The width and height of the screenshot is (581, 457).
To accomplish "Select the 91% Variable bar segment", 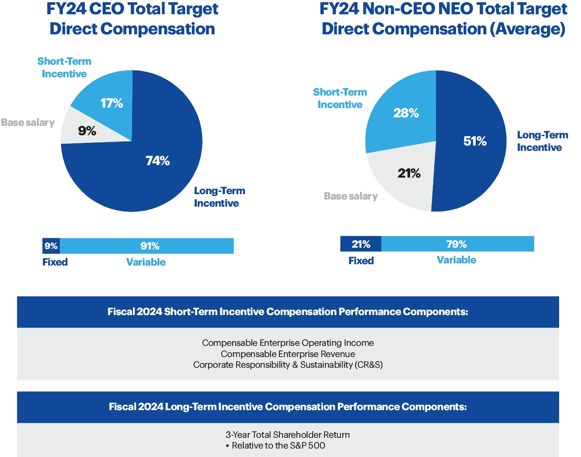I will click(147, 246).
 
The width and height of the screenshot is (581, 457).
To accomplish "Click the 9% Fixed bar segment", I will click(51, 246).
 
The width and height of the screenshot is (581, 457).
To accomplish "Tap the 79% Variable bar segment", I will click(457, 244).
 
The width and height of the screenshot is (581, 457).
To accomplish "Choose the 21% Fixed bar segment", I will click(361, 244).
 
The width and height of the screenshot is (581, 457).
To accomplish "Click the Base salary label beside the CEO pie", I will click(28, 122).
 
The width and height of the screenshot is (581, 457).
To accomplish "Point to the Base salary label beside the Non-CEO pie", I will click(351, 196).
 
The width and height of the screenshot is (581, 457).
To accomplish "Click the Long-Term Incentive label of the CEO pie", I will click(219, 197).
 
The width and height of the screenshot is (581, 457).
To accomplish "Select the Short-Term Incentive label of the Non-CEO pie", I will click(340, 98).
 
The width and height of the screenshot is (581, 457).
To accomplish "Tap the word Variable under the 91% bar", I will click(146, 262).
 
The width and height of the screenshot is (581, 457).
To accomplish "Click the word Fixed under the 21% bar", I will click(361, 261).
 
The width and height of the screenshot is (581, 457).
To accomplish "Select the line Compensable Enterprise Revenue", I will click(288, 354).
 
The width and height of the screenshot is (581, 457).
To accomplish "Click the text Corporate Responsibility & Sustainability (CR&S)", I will click(288, 365).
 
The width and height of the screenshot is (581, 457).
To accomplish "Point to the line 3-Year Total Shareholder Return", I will click(288, 435).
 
